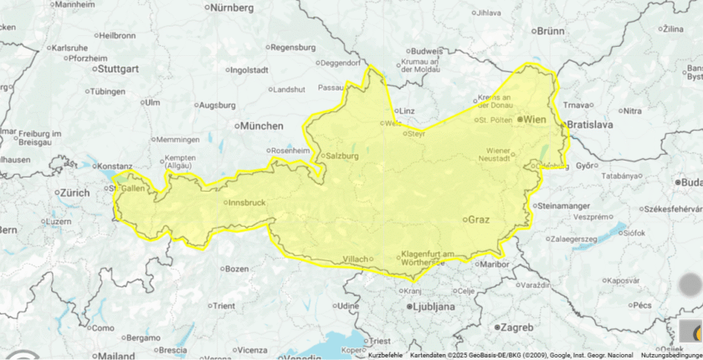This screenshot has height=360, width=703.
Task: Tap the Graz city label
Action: coord(478,219)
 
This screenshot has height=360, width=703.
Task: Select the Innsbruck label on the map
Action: coord(247,203)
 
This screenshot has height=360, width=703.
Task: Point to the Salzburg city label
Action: coord(342,156)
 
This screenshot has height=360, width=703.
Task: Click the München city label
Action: coord(261,126)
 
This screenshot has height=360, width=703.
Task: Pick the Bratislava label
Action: coord(590,125)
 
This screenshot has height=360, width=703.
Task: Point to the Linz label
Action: coord(407,111)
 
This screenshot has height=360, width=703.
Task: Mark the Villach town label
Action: coord(355,260)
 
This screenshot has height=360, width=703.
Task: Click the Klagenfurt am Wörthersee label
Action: coord(427,258)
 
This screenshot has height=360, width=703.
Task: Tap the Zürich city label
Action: coord(73,193)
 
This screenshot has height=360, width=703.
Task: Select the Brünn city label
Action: coord(550,30)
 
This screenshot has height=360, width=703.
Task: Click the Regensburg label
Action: coord(294,47)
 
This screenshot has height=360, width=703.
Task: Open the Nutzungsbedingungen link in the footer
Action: coord(671,355)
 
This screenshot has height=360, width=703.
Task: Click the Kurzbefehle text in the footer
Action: coord(385,355)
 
